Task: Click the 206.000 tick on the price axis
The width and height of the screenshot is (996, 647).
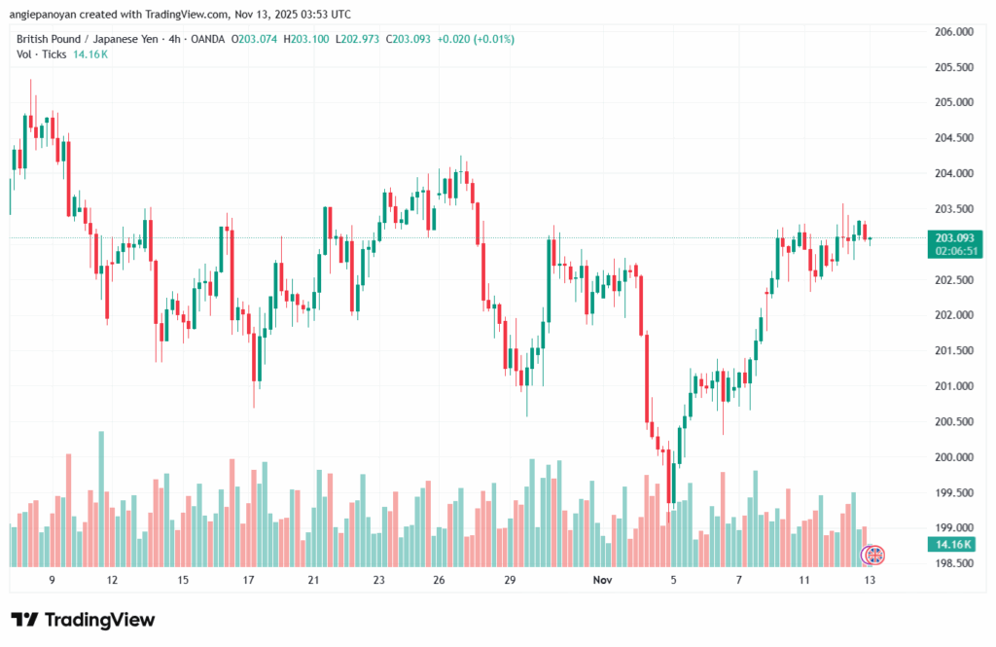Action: (x=953, y=32)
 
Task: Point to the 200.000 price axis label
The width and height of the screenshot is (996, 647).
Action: (x=953, y=457)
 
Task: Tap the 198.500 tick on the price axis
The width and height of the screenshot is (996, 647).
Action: (x=953, y=563)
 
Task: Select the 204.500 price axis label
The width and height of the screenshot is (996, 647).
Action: (x=953, y=138)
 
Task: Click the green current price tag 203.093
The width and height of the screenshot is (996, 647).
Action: (x=953, y=237)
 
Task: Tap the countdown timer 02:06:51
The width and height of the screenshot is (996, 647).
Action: (x=953, y=250)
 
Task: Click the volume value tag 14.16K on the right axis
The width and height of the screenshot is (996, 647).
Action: (x=953, y=544)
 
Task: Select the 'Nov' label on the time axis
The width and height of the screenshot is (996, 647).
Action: (x=603, y=580)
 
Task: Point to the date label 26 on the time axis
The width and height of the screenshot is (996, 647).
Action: (x=440, y=580)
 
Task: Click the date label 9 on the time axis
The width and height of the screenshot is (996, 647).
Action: (x=52, y=580)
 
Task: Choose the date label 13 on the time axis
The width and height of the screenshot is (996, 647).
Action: (x=869, y=580)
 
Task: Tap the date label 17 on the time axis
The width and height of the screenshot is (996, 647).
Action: (x=248, y=580)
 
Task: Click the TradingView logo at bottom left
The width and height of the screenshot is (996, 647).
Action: (x=83, y=620)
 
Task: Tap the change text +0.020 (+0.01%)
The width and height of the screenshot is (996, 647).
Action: (x=476, y=39)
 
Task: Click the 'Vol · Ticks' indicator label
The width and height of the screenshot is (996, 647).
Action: (x=42, y=54)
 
